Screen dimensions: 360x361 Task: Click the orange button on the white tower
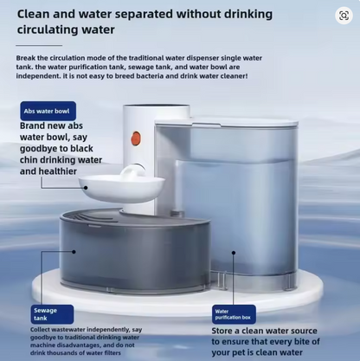point(136,138)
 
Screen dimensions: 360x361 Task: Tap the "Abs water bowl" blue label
point(48,111)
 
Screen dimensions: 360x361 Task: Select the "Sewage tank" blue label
point(52,314)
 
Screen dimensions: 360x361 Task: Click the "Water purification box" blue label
point(234,314)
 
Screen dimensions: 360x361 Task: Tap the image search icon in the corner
point(344,16)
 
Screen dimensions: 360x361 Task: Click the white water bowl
point(122,188)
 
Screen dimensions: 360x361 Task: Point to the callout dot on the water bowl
point(86,188)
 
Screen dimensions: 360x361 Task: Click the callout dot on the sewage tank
point(74,252)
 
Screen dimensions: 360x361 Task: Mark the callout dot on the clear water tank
point(234,253)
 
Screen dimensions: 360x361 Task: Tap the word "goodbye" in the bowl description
point(56,149)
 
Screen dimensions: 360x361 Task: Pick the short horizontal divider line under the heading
point(39,45)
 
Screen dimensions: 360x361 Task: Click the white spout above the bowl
point(133,172)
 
